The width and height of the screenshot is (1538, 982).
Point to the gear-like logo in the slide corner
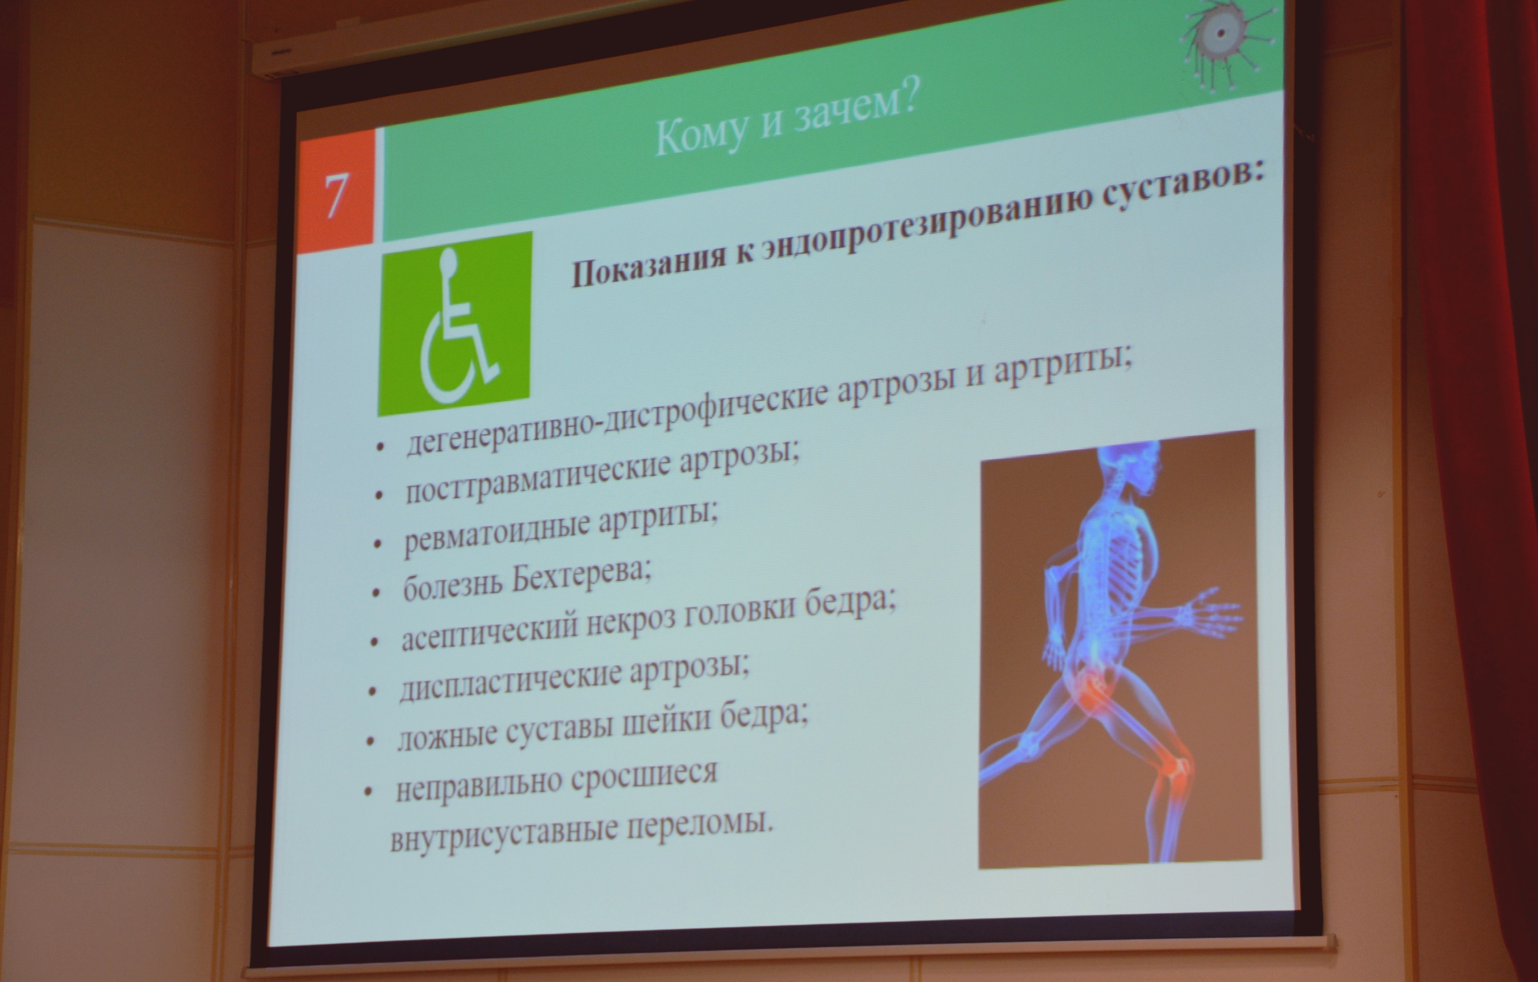click(x=1220, y=38)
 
